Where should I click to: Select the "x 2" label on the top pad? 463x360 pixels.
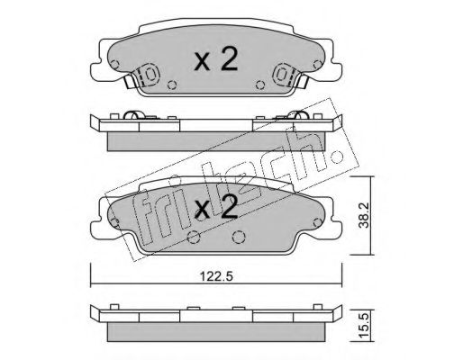coord(217,61)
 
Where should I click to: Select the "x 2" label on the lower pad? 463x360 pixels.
coord(216,209)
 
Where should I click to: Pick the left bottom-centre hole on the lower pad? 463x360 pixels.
coord(195,238)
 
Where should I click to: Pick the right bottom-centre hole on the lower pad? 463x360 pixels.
coord(239,238)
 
